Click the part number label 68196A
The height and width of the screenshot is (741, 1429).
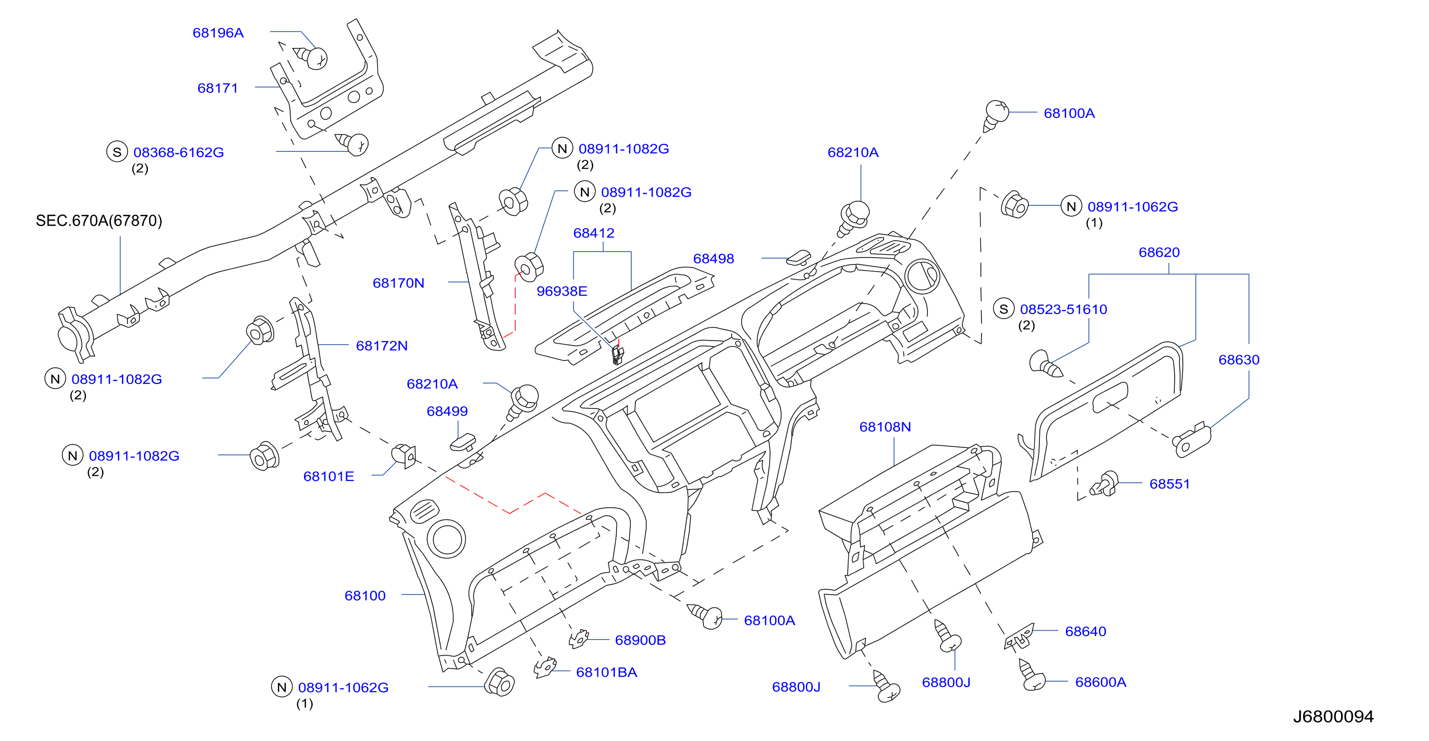click(x=218, y=33)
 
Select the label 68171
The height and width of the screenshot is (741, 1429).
click(x=217, y=88)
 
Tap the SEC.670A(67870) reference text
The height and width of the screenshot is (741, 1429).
click(x=99, y=221)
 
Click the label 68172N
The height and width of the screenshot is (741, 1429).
click(x=382, y=346)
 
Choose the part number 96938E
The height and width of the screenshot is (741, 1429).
click(x=561, y=291)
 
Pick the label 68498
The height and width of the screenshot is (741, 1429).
click(x=713, y=259)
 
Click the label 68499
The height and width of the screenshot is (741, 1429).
click(x=447, y=411)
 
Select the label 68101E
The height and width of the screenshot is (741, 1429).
click(x=328, y=476)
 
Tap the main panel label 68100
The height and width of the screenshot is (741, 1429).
click(x=365, y=596)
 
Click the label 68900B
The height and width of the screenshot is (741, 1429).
click(x=640, y=640)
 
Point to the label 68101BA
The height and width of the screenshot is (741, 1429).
click(x=606, y=672)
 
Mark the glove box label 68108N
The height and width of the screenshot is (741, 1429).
click(x=885, y=427)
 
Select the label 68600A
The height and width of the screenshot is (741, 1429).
click(x=1101, y=682)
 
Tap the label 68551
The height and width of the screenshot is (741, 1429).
click(x=1169, y=484)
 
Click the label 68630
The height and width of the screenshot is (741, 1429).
click(x=1239, y=360)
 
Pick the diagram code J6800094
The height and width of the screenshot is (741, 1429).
click(x=1333, y=717)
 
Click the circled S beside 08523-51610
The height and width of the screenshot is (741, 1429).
click(x=1003, y=309)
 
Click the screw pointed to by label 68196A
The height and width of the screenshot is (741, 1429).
click(x=311, y=57)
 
